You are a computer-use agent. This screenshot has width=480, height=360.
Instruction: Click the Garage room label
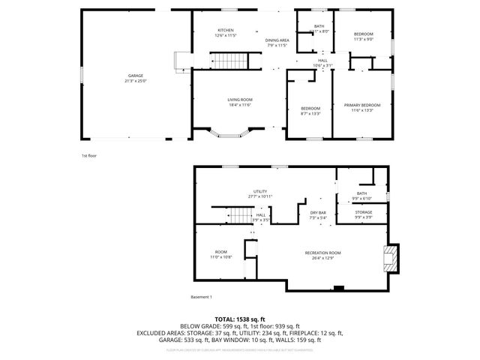click(x=135, y=76)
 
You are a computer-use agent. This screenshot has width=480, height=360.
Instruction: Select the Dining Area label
click(x=277, y=40)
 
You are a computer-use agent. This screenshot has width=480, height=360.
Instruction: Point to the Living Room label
click(x=239, y=100)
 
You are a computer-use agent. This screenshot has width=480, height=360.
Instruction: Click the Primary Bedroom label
click(x=361, y=105)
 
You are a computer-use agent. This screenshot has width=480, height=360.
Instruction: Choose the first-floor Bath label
click(x=319, y=26)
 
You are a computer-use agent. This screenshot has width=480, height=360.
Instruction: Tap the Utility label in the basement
click(x=260, y=191)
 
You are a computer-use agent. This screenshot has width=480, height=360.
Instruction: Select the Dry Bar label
click(x=319, y=213)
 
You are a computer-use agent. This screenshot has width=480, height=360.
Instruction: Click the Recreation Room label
click(x=323, y=253)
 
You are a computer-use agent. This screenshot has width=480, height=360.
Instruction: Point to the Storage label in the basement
click(x=363, y=212)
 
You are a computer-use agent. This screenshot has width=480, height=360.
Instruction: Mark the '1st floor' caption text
click(x=89, y=155)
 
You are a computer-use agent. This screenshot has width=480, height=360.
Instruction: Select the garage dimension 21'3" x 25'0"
click(x=135, y=81)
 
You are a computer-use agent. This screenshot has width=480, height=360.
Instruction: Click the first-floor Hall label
click(x=322, y=61)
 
